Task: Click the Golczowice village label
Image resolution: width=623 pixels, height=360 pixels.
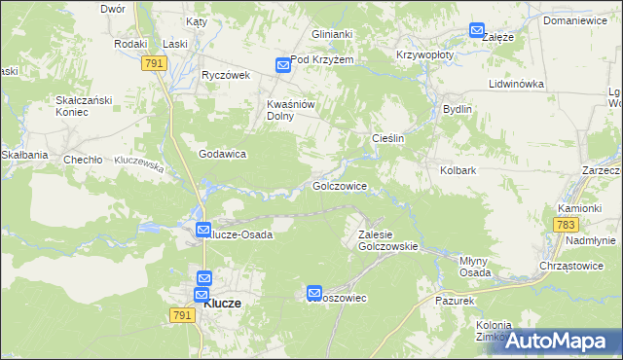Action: tap(339, 185)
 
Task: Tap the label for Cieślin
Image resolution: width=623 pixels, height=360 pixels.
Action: tap(388, 138)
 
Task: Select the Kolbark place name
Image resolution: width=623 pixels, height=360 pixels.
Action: tap(458, 170)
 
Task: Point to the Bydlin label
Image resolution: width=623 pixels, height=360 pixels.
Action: tap(457, 109)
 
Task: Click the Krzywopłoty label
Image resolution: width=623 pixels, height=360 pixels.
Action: tap(424, 55)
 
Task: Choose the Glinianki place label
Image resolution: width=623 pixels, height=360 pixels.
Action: tap(332, 34)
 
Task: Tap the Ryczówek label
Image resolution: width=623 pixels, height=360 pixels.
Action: tap(226, 75)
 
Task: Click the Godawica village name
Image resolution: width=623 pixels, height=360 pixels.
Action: tap(222, 154)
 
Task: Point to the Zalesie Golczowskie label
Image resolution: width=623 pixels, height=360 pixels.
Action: tap(387, 240)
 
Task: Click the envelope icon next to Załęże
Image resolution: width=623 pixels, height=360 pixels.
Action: tap(476, 30)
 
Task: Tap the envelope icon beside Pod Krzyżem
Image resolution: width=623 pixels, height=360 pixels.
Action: tap(282, 65)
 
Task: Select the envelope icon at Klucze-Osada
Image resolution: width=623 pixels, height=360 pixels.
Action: tap(202, 231)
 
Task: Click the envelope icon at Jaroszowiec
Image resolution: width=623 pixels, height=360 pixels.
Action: tap(314, 292)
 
